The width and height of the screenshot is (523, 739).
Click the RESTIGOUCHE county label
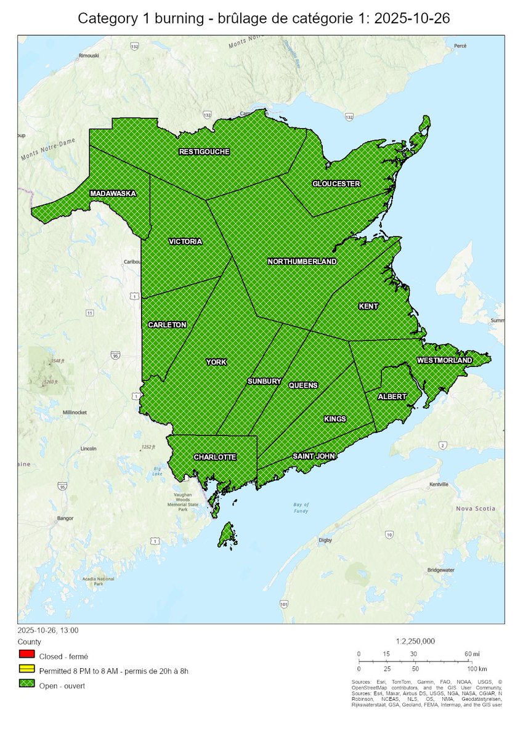[x=205, y=151]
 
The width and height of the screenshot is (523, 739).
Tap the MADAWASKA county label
[x=113, y=193]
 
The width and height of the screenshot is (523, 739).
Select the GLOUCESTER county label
[x=336, y=184]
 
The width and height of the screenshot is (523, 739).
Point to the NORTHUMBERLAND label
[x=302, y=262]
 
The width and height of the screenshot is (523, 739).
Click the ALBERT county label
[x=392, y=397]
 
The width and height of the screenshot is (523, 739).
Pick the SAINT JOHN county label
[x=314, y=457]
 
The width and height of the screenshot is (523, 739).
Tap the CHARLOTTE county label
[x=214, y=457]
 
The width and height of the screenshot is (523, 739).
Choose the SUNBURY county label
[x=264, y=382]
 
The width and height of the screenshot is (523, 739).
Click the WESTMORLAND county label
[x=444, y=360]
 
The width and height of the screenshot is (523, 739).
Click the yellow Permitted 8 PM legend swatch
[x=25, y=670]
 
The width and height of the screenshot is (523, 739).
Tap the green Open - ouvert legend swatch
[x=25, y=685]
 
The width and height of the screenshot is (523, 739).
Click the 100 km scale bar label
[x=477, y=668]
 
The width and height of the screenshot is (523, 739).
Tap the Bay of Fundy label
[x=301, y=508]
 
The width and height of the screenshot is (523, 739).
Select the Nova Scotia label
[x=476, y=509]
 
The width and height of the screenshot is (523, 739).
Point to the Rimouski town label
[x=90, y=56]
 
